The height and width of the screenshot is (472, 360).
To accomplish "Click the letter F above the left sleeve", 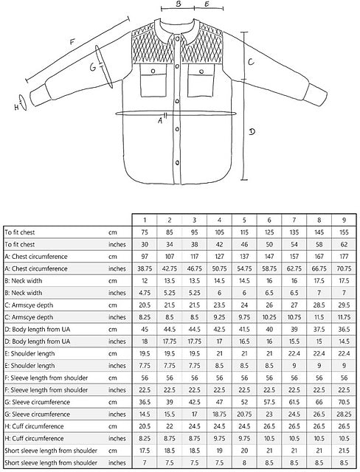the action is [72, 41].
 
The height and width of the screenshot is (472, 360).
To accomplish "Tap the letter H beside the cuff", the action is [16, 106].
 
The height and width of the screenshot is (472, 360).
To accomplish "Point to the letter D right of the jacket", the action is [252, 131].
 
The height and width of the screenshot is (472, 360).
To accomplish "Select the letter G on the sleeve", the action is [93, 67].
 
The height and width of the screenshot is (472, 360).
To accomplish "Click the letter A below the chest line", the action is [160, 121].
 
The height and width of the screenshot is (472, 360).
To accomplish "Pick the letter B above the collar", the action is [179, 4].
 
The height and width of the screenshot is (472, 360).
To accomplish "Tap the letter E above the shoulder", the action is [207, 4].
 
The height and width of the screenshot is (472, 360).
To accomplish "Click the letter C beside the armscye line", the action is [251, 62].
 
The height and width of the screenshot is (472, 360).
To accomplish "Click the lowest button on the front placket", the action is [178, 163].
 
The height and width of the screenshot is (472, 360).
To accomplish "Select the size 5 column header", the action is [244, 220].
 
